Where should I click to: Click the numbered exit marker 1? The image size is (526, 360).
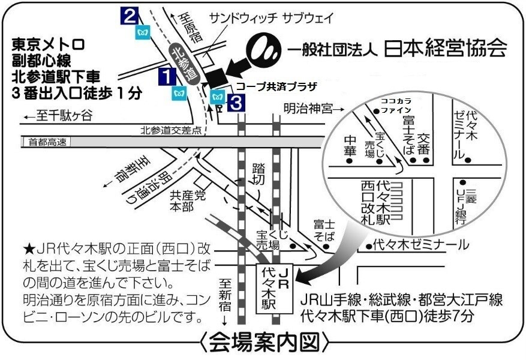pos(167,76)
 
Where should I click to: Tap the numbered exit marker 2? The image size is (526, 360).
pos(130,15)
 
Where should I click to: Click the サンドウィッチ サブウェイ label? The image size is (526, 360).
pos(271,18)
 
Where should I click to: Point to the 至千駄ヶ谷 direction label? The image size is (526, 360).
pos(58,117)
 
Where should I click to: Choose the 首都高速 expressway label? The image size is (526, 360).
pos(46,142)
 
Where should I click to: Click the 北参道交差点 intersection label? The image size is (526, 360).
pos(171,130)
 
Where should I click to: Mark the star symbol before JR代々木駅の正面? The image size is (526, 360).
pos(29,247)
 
